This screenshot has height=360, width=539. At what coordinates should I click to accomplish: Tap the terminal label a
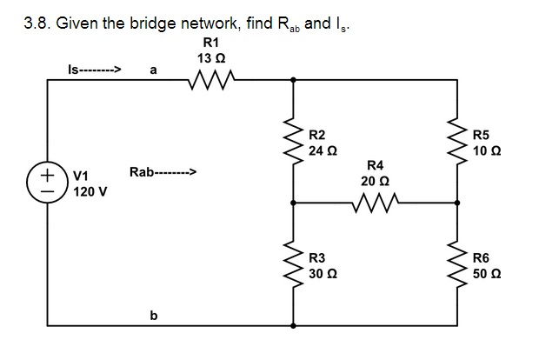(153, 71)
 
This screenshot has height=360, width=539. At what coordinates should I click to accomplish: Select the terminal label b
(153, 316)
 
